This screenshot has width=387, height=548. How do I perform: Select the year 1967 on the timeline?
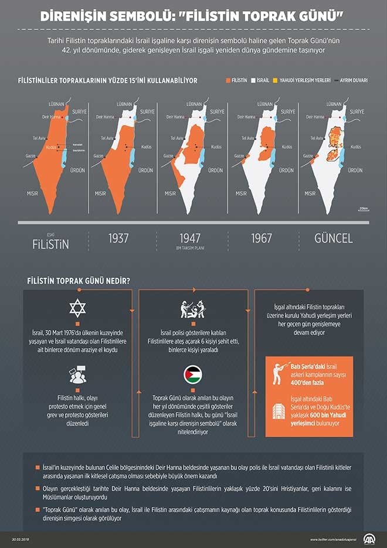[x=262, y=239]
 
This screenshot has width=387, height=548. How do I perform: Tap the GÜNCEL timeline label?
[x=334, y=239]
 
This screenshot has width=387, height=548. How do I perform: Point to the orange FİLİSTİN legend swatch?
[x=228, y=80]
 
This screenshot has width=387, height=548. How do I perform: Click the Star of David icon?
[x=79, y=308]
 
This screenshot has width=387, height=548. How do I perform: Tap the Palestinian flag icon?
[x=192, y=374]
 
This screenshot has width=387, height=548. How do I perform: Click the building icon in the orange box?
[x=280, y=410]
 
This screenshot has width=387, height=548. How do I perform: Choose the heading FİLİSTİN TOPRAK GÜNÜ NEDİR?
[x=79, y=280]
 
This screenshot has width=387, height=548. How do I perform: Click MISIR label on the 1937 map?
[x=100, y=192]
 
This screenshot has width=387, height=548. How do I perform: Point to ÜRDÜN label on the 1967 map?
[x=286, y=170]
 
